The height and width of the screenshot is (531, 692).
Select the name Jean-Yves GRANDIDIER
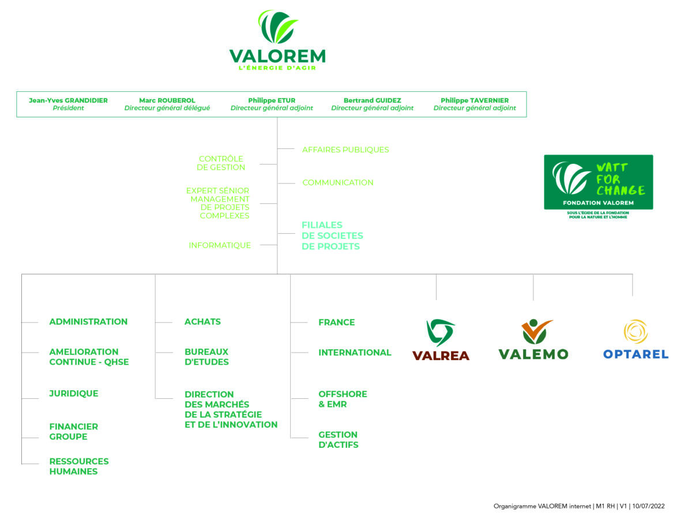click(68, 100)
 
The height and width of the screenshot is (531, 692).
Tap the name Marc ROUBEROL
click(167, 100)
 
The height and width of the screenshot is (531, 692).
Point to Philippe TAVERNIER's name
click(475, 100)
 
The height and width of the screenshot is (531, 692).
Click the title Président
click(68, 108)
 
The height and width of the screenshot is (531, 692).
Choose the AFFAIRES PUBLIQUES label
click(345, 150)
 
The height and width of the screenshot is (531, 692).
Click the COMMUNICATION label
click(338, 182)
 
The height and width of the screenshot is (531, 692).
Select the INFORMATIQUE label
click(220, 245)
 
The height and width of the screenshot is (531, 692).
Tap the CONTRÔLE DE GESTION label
click(221, 163)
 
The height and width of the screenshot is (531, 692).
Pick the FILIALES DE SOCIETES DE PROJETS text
click(332, 236)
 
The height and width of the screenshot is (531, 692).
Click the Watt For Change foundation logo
click(599, 187)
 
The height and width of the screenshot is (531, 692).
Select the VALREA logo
click(441, 340)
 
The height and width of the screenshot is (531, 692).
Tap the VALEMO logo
click(533, 339)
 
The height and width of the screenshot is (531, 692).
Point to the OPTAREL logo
click(635, 339)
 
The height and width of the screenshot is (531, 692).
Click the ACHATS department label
click(202, 322)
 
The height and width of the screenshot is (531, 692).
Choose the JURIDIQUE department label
click(74, 394)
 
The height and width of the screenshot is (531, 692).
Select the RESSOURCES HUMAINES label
click(79, 466)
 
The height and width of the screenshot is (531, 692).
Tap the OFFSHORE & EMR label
click(343, 399)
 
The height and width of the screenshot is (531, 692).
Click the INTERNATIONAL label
click(355, 353)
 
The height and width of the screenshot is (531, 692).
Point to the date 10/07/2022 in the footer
click(648, 506)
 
